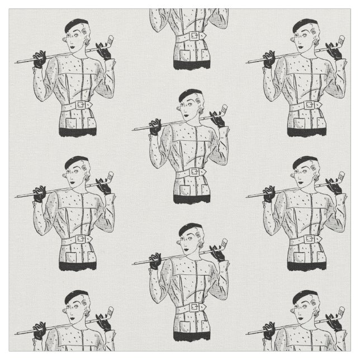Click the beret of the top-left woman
[76, 25]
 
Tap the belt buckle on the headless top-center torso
[194, 36]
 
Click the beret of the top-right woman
[305, 25]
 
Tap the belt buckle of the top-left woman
[81, 105]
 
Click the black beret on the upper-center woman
[190, 94]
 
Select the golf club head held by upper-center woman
[222, 108]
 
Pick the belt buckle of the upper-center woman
[195, 173]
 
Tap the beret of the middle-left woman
[76, 162]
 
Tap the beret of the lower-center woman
[190, 229]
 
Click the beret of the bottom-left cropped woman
[76, 296]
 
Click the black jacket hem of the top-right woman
[306, 132]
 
